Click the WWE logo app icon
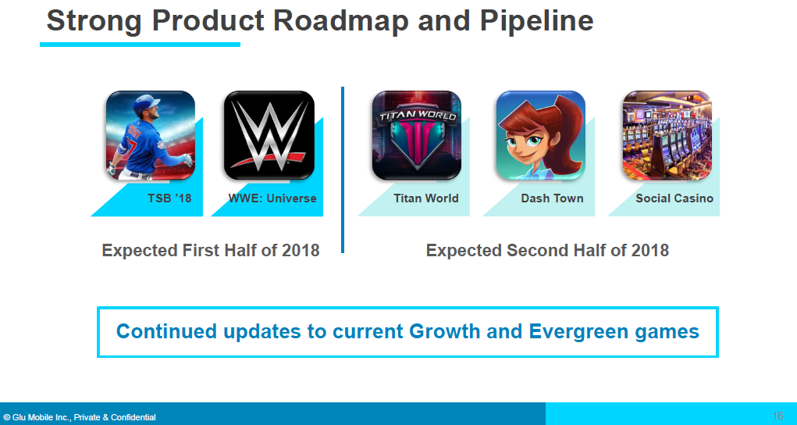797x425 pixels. (269, 135)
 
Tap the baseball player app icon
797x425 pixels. (151, 135)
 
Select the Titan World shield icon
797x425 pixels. (417, 135)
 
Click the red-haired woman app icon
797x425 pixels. (541, 135)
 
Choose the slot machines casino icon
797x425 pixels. (667, 135)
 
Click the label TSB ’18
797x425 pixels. (169, 198)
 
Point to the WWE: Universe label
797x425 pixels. (272, 198)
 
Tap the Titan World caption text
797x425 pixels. (426, 198)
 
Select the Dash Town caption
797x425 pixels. (552, 198)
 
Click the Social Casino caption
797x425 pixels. (674, 198)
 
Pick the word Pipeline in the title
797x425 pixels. (536, 21)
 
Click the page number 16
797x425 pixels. (777, 416)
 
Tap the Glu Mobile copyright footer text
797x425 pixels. (80, 417)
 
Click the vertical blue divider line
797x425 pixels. (343, 170)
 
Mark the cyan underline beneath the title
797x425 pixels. (140, 45)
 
